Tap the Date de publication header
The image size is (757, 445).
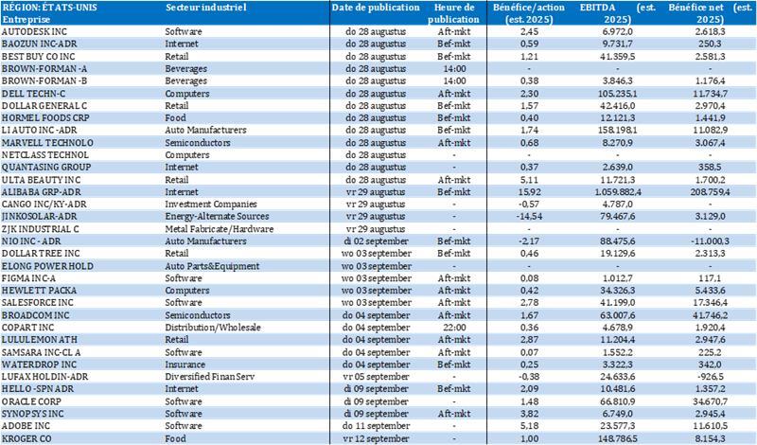click(x=376, y=8)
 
